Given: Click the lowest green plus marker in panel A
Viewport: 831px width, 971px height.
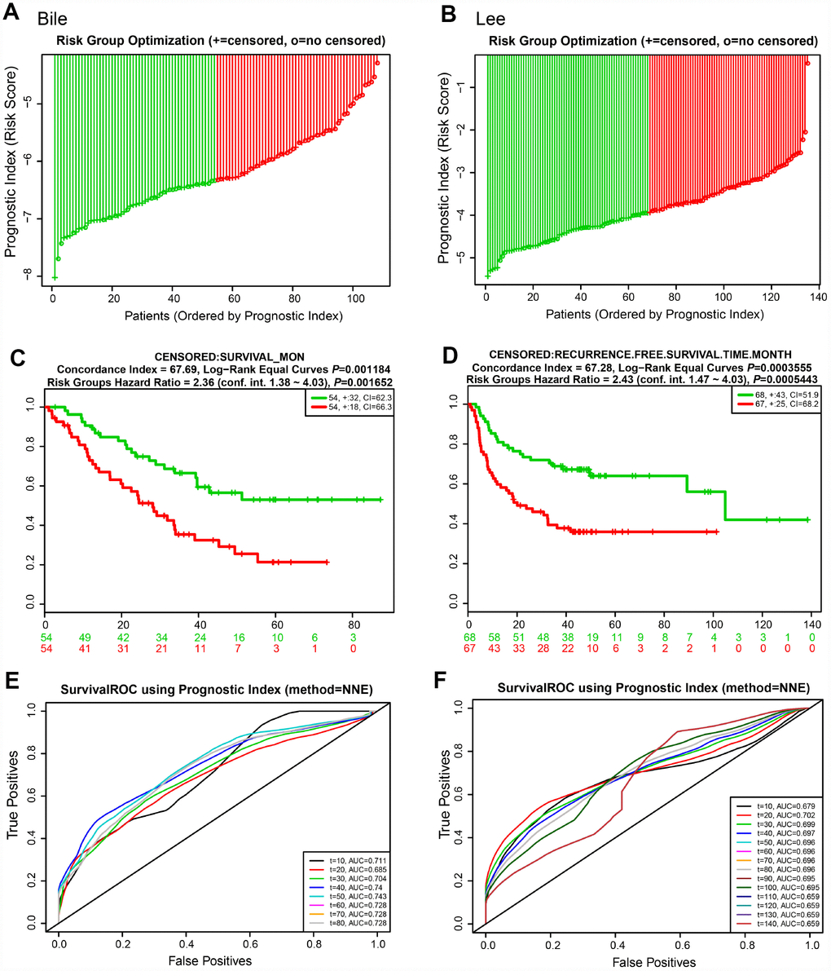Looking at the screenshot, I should [55, 278].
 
